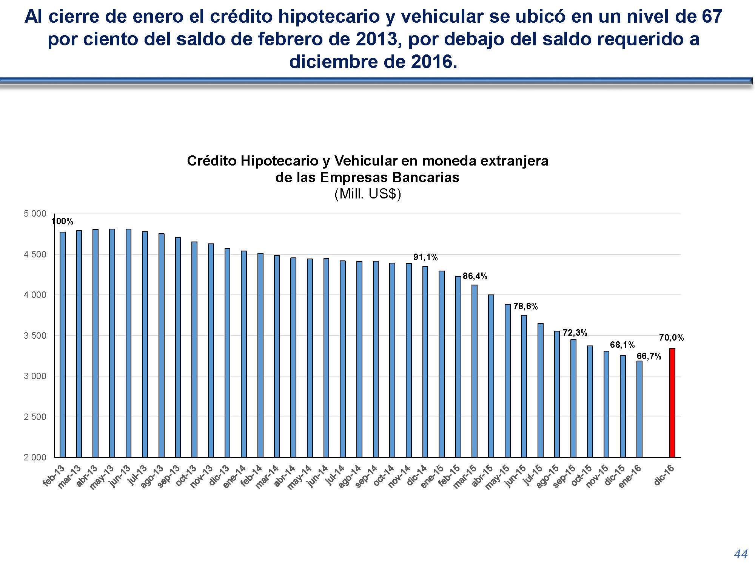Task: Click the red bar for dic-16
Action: coord(672,403)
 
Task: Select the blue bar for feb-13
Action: coord(63,344)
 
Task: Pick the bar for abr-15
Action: coord(491,376)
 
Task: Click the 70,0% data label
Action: coord(671,338)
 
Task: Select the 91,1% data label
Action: coord(425,257)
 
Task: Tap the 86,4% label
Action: coord(475,276)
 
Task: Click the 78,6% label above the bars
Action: coord(525,307)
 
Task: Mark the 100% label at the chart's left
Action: coord(62,222)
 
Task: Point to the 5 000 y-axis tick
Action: coord(35,214)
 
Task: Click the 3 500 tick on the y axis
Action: coord(35,336)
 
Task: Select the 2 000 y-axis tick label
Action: coord(35,457)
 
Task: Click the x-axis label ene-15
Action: coord(432,477)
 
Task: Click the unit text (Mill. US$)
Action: coord(367,194)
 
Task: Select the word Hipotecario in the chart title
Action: coord(280,161)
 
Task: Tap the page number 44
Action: coord(741,554)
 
